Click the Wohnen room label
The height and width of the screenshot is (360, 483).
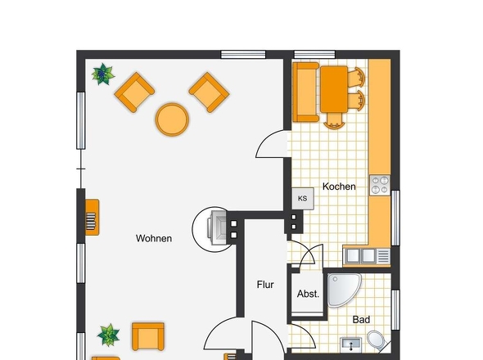[x=154, y=238]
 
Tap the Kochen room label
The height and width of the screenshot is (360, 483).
[x=339, y=187]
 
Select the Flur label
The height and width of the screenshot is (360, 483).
[x=265, y=285]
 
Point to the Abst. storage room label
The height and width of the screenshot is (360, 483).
[x=308, y=294]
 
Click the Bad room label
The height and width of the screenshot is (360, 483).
[x=361, y=320]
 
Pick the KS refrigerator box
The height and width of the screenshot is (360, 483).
[x=303, y=199]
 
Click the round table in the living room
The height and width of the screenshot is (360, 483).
[x=172, y=119]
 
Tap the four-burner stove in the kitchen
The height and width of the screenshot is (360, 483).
[x=380, y=185]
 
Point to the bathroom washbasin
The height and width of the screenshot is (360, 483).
[x=351, y=344]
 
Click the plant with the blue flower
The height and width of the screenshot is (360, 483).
[x=103, y=74]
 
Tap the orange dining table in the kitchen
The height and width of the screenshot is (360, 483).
[x=334, y=89]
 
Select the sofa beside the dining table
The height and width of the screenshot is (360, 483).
[x=305, y=92]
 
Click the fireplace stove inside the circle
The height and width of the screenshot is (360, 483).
[x=218, y=228]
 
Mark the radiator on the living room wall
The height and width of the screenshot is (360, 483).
[x=92, y=218]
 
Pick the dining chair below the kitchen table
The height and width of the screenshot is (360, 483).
[x=334, y=121]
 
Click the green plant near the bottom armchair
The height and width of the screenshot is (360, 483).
[x=108, y=335]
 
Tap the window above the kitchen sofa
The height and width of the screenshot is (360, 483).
[x=314, y=55]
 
